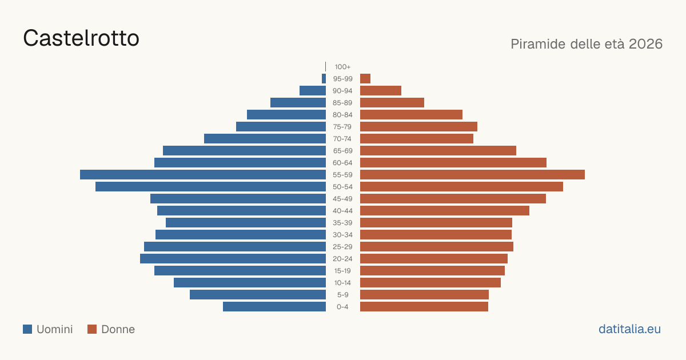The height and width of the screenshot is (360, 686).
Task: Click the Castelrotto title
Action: (x=81, y=38)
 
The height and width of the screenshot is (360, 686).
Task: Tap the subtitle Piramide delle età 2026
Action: (x=587, y=44)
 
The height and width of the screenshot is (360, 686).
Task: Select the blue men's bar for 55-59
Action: (x=203, y=174)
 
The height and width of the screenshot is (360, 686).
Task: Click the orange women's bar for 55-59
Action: (x=472, y=174)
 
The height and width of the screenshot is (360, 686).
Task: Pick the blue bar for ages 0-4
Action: (x=274, y=306)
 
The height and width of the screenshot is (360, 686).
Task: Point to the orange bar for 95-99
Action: (x=365, y=78)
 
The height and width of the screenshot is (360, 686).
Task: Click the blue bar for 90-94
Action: (x=313, y=91)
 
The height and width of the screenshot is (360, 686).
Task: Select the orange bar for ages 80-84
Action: (x=411, y=114)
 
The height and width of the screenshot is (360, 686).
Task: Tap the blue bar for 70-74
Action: (x=265, y=138)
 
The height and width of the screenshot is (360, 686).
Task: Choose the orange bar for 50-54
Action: (x=461, y=186)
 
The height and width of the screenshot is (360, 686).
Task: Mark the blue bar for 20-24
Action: (x=233, y=258)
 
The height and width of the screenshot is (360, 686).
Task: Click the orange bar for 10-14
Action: (x=430, y=282)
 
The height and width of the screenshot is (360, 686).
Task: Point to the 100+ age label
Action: (x=342, y=67)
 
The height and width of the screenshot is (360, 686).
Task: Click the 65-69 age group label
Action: (x=342, y=151)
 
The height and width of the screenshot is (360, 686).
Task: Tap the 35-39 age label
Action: (x=342, y=222)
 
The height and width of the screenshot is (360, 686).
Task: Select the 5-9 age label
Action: (x=342, y=294)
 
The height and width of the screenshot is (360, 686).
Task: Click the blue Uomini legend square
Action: (x=27, y=329)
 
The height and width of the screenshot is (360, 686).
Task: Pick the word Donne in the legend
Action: (x=118, y=329)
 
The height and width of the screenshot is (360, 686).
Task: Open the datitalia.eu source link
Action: (x=629, y=329)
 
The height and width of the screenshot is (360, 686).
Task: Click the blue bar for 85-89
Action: (x=298, y=102)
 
